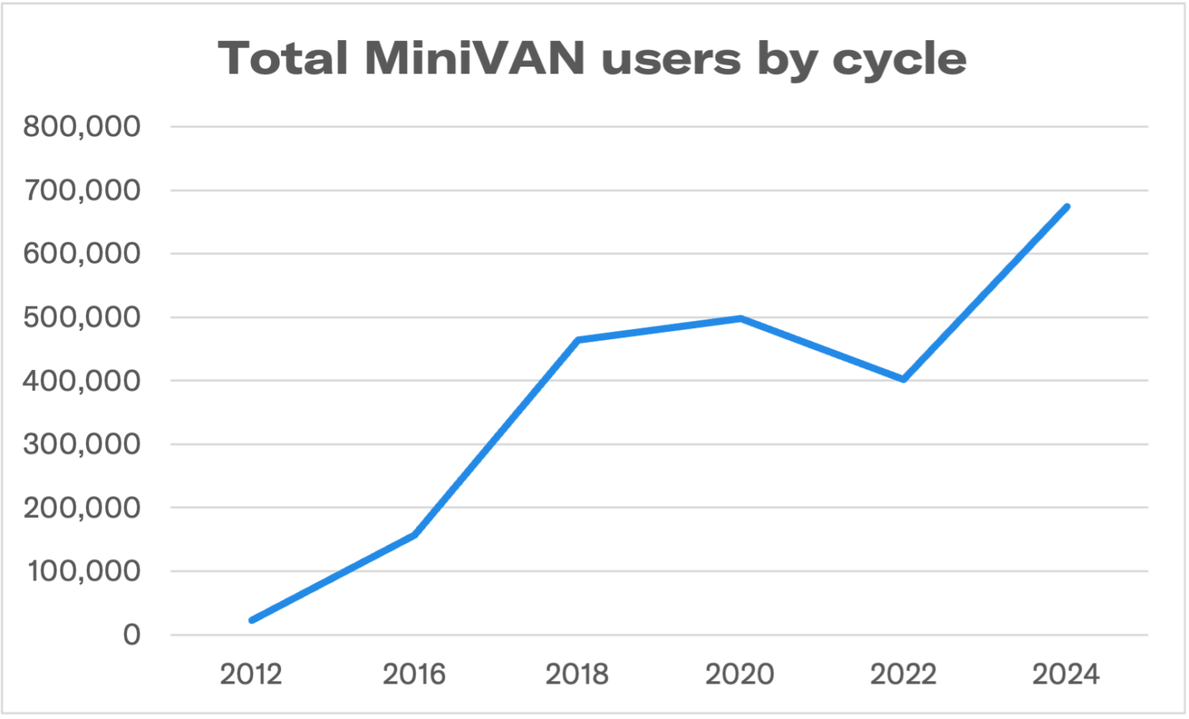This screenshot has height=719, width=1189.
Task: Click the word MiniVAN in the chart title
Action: tap(474, 58)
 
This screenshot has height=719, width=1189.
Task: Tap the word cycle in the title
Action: tap(899, 60)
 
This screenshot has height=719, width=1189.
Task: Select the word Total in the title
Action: tap(283, 58)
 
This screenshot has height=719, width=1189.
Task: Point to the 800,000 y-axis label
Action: tap(82, 126)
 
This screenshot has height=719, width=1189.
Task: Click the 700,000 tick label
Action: tap(82, 190)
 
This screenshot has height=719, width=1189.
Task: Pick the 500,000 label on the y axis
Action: tap(82, 317)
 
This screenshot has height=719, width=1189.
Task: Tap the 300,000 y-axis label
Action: tap(82, 444)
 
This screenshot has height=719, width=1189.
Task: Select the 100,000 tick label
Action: tap(84, 571)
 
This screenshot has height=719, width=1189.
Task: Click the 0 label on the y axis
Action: tap(132, 635)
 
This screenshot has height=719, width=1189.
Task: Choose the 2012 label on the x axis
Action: tap(251, 674)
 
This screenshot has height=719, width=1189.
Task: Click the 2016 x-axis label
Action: tap(414, 674)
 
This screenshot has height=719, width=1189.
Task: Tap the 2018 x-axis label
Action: tap(577, 674)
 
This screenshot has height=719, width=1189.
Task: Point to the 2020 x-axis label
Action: tap(740, 674)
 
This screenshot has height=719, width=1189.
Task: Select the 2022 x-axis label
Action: tap(903, 674)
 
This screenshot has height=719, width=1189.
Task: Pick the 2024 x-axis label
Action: tap(1066, 674)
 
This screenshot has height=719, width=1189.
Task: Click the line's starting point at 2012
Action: tap(252, 620)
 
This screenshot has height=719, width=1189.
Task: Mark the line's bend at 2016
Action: tap(415, 535)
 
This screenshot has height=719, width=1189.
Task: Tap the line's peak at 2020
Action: tap(741, 318)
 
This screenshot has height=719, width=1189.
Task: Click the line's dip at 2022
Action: tap(903, 379)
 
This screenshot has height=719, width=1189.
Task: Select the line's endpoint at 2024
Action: tap(1067, 207)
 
